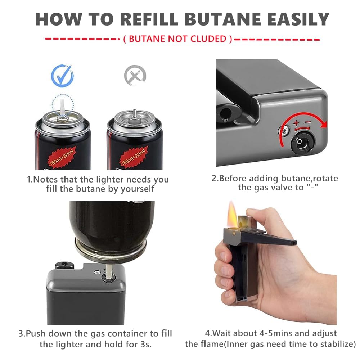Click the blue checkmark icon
[x=62, y=76]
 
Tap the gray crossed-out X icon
[x=135, y=75]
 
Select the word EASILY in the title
[x=298, y=19]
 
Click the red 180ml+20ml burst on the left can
[x=62, y=157]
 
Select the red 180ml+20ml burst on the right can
[x=134, y=157]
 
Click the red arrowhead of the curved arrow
[x=324, y=124]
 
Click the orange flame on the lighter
[x=232, y=214]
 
